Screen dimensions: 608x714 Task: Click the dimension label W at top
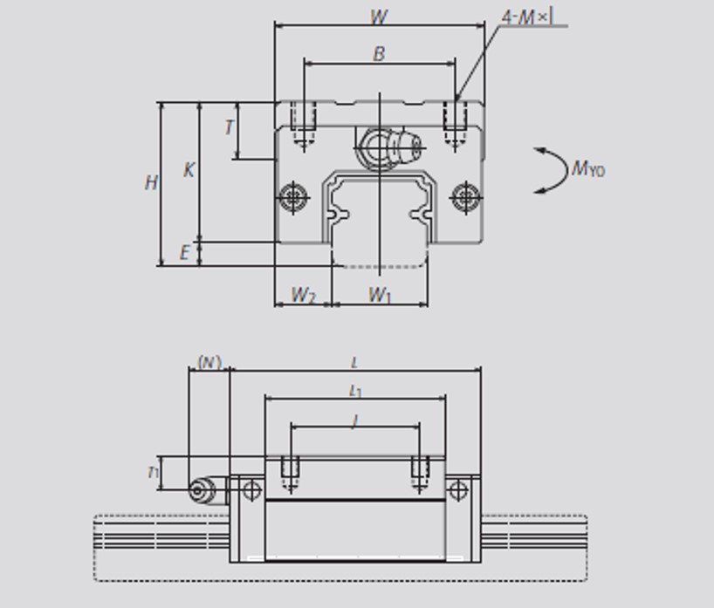[x=379, y=17]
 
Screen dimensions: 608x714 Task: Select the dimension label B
[x=379, y=54]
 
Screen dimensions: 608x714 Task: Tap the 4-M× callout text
[x=527, y=17]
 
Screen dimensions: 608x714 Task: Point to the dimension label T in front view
[x=229, y=127]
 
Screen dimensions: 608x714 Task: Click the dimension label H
[x=152, y=183]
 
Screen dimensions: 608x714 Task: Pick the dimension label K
[x=189, y=170]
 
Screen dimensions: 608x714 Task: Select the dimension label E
[x=185, y=253]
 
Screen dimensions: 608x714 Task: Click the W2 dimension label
[x=303, y=295]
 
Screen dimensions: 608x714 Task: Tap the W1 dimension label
[x=380, y=295]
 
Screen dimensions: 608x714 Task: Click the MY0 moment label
[x=587, y=168]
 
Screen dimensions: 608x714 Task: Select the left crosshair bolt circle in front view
[x=293, y=196]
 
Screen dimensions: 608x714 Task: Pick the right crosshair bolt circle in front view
[x=466, y=196]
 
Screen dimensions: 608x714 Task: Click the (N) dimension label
[x=209, y=361]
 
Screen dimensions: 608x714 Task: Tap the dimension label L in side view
[x=354, y=362]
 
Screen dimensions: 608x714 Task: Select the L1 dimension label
[x=355, y=392]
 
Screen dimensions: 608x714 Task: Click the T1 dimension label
[x=153, y=473]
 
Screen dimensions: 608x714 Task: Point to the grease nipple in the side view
[x=202, y=489]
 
